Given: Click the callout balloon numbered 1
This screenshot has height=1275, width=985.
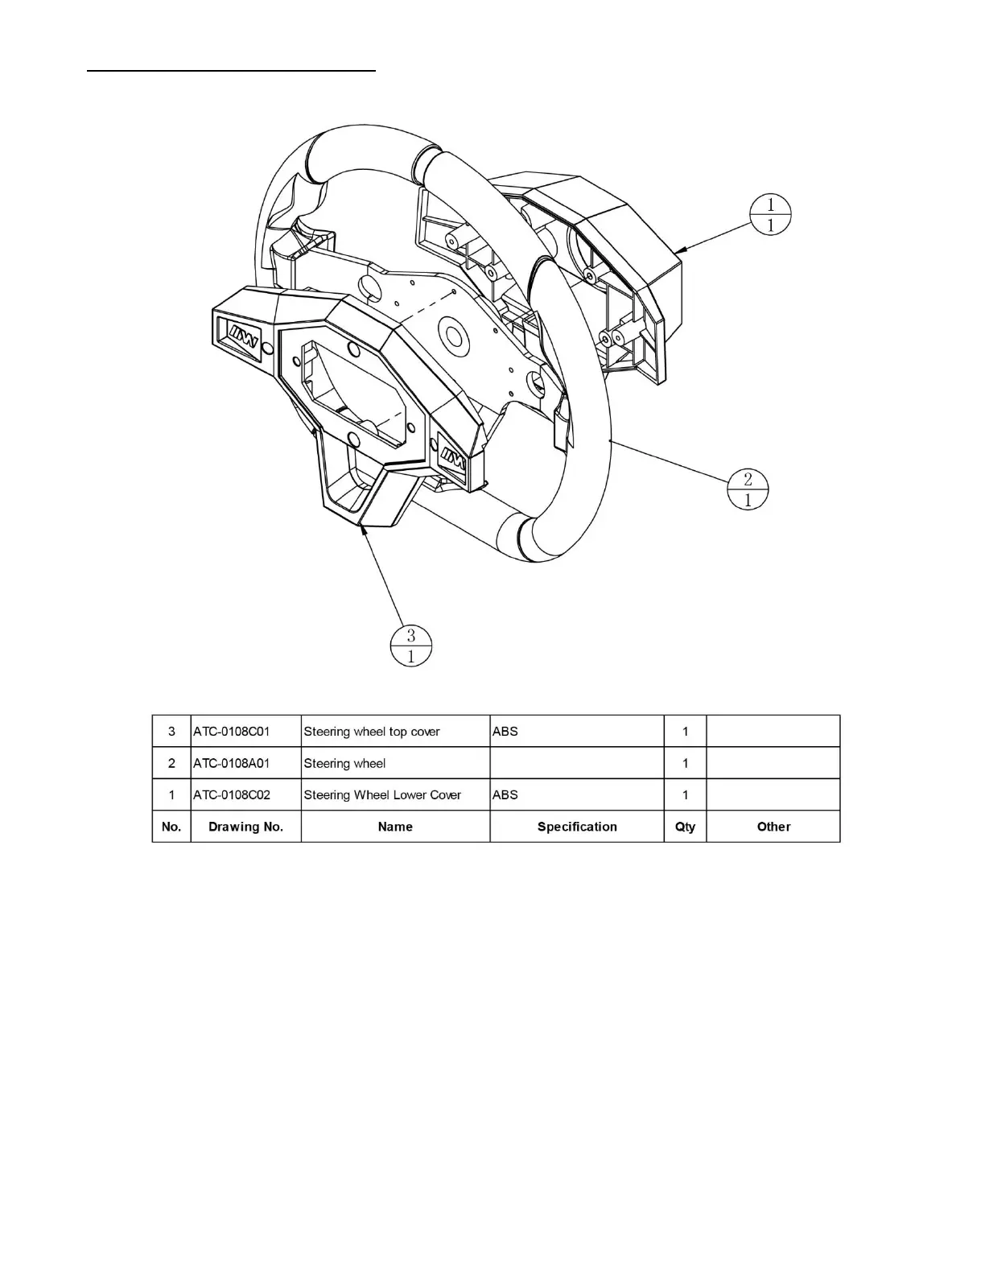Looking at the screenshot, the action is coord(770,215).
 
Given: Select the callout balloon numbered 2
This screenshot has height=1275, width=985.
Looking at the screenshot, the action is coord(748,489).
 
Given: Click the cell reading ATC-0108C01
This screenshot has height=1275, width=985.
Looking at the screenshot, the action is coord(232,732).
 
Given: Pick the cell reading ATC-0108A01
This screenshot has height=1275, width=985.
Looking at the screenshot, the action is coord(232,763).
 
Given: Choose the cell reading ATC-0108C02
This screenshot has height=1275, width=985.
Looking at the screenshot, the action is coord(232,794).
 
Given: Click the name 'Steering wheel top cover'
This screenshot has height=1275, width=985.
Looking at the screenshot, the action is coord(372,732).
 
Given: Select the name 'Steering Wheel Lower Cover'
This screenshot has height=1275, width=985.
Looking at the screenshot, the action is coord(382,794).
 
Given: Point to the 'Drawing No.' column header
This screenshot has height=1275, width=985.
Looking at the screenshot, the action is coord(245,827).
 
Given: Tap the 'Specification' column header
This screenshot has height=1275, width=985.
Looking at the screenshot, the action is coord(577,827).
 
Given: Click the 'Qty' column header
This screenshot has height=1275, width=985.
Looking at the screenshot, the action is coord(685,827).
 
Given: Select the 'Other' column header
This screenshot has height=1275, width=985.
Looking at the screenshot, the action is coord(773,827).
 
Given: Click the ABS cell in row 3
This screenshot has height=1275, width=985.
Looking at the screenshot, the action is coord(505,732).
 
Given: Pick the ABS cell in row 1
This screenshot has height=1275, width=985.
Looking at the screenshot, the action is coord(505,794).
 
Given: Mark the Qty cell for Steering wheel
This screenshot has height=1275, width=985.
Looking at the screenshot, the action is coord(685,763).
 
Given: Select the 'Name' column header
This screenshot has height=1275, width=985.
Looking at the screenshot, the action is coord(395,827).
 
